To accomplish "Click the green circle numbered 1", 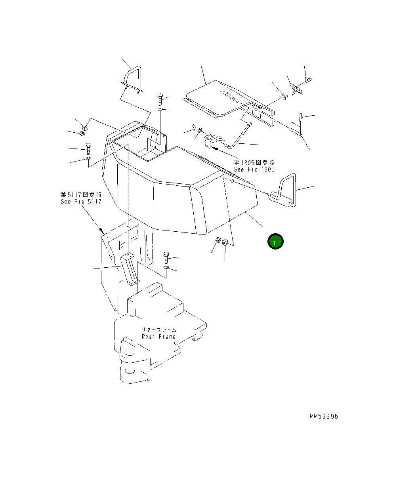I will point(275,242).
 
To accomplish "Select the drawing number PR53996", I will point(324,416).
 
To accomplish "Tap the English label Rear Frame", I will point(158,337).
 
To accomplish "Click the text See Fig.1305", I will point(254,169).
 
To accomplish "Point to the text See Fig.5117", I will point(81,201).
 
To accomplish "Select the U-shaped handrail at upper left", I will point(133,79).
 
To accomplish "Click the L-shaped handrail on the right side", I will point(284,190).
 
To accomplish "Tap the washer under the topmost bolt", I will point(160,109).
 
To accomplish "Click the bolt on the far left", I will point(88,149).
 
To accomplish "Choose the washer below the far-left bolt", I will point(88,159).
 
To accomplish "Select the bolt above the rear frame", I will point(166,257).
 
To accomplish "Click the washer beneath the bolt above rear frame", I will point(166,268).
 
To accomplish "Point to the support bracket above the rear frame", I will point(129,269).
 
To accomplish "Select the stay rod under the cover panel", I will point(240,137).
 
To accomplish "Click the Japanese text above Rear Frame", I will point(158,329).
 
